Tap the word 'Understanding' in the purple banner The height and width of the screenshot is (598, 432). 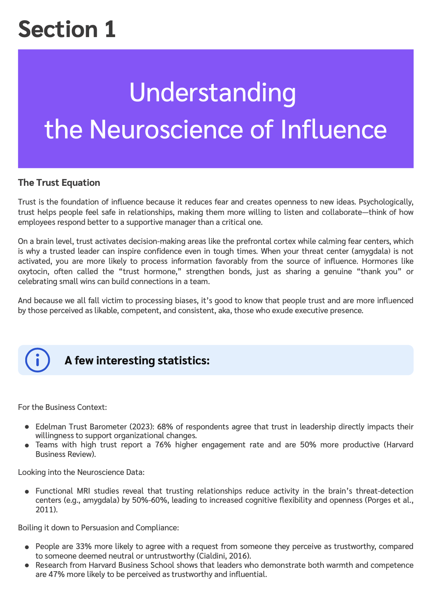click(213, 93)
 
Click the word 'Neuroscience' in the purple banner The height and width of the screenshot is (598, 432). click(166, 130)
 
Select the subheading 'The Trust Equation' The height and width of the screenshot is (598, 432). click(59, 183)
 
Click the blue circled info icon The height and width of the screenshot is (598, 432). click(37, 360)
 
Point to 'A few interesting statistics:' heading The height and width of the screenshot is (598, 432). click(137, 361)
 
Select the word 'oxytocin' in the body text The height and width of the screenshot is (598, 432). click(34, 271)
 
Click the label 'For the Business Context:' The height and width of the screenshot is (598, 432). click(62, 407)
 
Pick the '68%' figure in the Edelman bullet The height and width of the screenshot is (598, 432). click(165, 427)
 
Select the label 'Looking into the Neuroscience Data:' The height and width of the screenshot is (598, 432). click(81, 472)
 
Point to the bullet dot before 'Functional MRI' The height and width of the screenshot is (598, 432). click(27, 491)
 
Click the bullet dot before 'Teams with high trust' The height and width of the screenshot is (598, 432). click(27, 445)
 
